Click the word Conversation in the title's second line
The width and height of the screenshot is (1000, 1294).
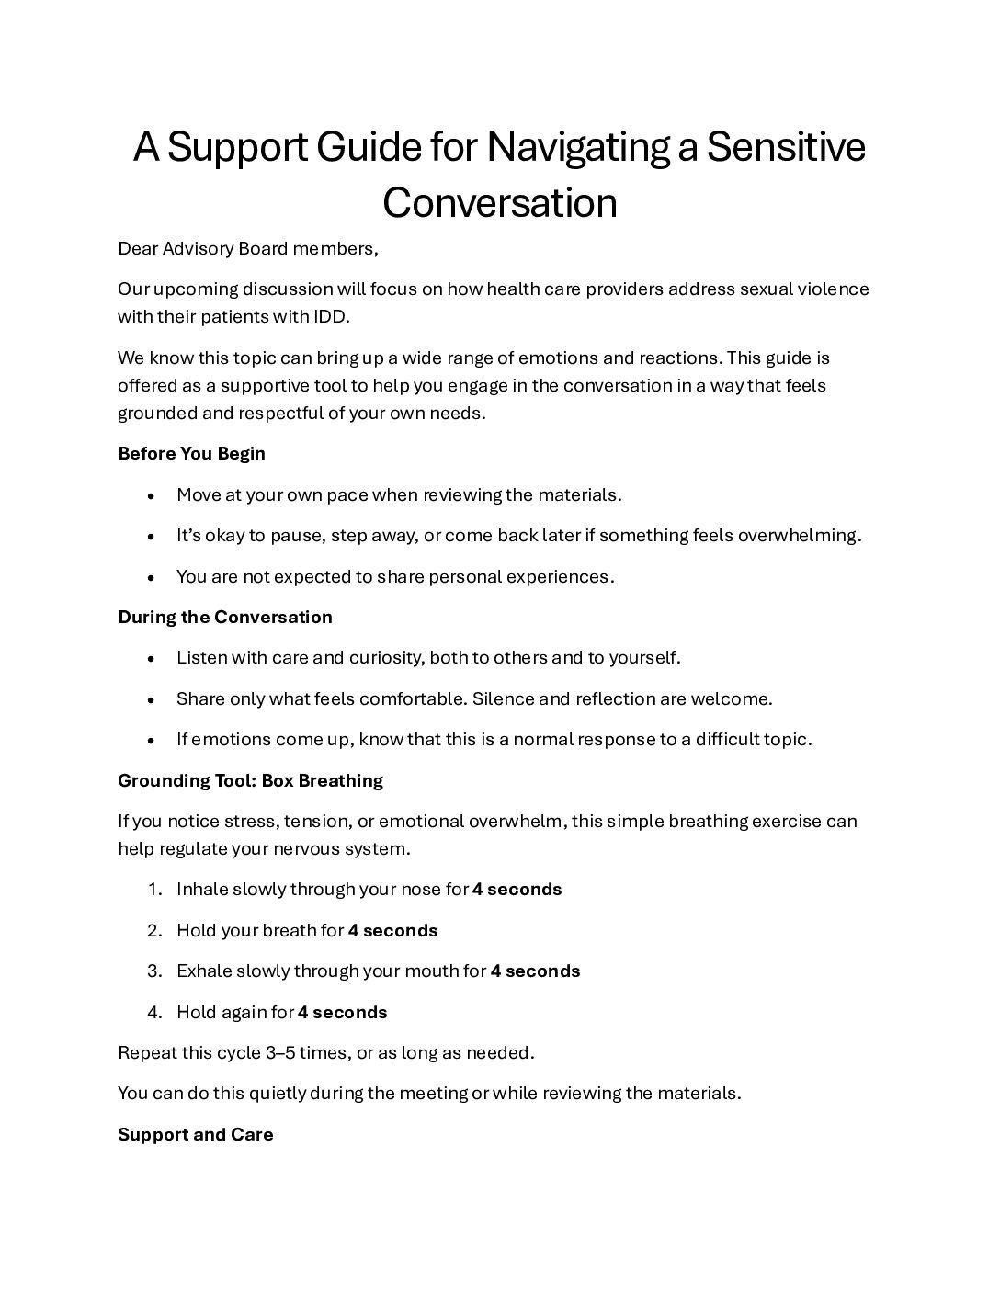point(499,203)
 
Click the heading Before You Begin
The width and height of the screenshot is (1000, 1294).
point(191,453)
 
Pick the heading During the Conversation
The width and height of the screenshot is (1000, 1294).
point(225,617)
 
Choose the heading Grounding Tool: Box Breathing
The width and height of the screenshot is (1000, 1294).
point(250,780)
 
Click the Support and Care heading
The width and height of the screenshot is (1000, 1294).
point(196,1134)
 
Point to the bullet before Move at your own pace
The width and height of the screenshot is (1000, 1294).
point(150,495)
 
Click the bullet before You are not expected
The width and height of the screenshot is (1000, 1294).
point(150,577)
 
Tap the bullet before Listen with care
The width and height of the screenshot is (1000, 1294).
point(150,658)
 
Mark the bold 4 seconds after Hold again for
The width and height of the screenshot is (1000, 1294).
point(342,1012)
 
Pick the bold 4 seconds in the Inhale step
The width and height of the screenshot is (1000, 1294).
point(517,889)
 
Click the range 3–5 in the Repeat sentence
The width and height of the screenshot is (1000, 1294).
point(280,1052)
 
